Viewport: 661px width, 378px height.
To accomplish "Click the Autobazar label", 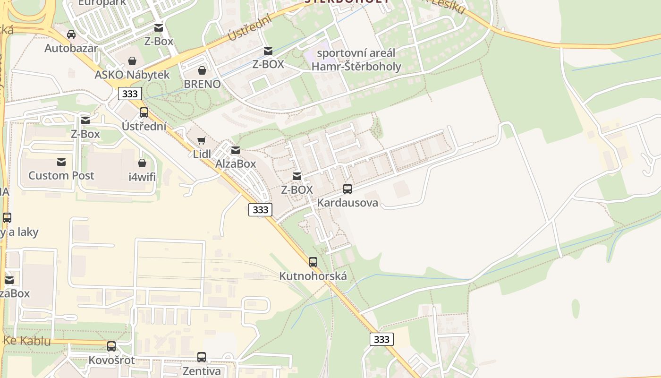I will (x=71, y=48).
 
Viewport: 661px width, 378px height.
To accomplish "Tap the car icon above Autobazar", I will (x=71, y=34).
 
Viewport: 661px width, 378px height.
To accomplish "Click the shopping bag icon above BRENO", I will (x=202, y=71).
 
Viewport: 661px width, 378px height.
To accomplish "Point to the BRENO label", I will (x=202, y=84).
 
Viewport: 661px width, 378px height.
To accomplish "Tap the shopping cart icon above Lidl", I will (x=202, y=140).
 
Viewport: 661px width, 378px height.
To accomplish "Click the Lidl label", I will (x=202, y=154).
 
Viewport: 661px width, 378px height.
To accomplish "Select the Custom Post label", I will (x=61, y=176).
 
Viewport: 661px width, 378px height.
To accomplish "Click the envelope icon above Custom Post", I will (x=61, y=163).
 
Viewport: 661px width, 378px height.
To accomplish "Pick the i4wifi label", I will (x=142, y=178).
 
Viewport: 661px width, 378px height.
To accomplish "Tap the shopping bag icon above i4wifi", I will (x=142, y=163).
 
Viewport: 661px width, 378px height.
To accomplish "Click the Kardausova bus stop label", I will (x=347, y=203).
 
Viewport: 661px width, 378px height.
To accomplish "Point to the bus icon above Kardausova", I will (x=347, y=189).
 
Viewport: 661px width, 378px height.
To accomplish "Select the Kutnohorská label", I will (x=313, y=276).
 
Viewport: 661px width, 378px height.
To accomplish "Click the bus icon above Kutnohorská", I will (x=313, y=262).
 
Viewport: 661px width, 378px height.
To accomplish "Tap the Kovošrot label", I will (x=111, y=360).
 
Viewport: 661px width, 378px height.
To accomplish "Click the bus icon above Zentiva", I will (x=202, y=357).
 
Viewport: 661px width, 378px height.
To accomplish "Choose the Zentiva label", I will (x=202, y=371).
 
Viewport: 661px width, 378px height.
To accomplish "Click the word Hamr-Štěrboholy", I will (x=356, y=67).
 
